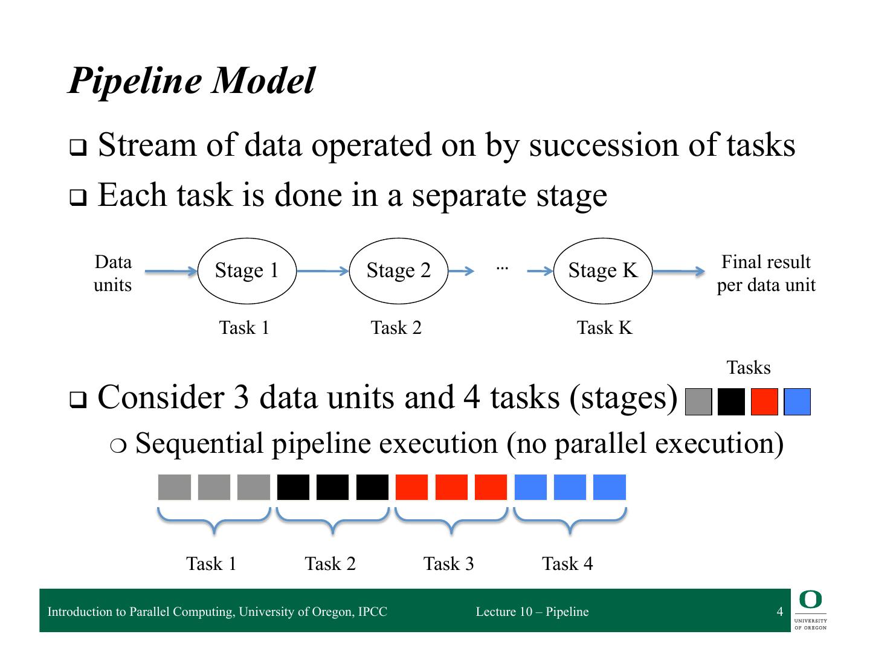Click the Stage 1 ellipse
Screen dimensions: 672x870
(x=247, y=270)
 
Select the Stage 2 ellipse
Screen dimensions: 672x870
(x=399, y=270)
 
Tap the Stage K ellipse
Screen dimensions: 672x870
(x=603, y=270)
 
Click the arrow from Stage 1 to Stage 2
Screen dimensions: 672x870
(x=323, y=271)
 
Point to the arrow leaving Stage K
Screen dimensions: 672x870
(x=678, y=271)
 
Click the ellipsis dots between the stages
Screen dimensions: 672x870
(x=502, y=267)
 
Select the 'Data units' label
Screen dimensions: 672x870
(x=113, y=274)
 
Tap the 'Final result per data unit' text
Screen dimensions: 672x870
(x=765, y=274)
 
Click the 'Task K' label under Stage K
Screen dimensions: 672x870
(x=604, y=328)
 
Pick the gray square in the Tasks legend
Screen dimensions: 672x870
(x=699, y=402)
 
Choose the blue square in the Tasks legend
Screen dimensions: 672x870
(x=797, y=402)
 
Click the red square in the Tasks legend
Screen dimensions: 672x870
(x=764, y=402)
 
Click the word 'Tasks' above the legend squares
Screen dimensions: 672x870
(x=748, y=368)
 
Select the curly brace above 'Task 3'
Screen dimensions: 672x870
(x=451, y=520)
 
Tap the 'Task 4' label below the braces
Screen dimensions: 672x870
(x=567, y=564)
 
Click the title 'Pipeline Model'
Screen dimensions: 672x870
(x=192, y=80)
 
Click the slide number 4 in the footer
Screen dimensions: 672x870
(x=779, y=612)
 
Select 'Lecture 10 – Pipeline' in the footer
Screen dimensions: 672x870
(x=532, y=612)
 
